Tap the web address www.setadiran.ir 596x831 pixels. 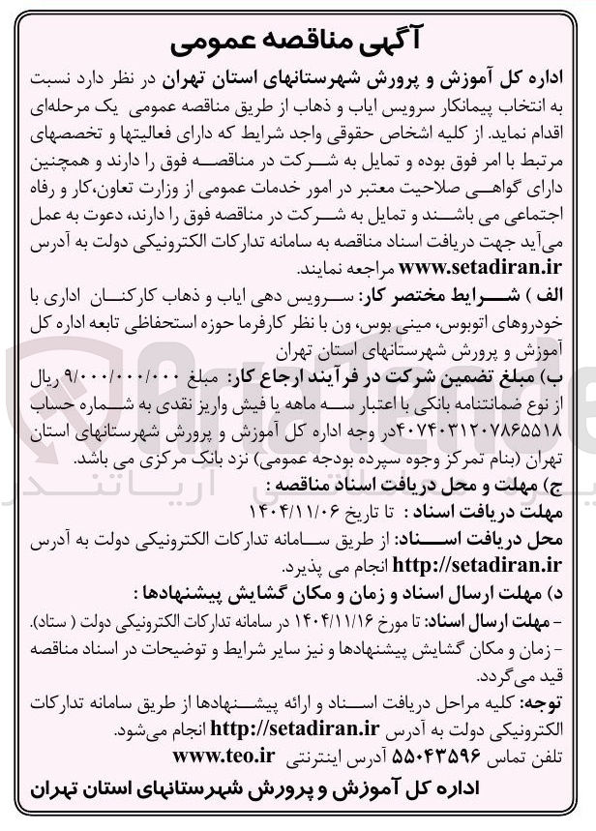click(x=465, y=266)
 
